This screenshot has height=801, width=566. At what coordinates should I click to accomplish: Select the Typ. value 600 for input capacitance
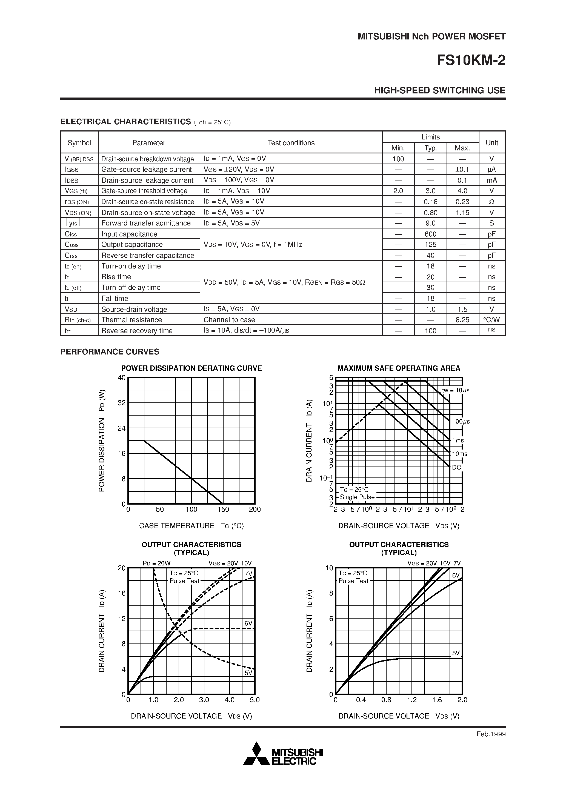[430, 234]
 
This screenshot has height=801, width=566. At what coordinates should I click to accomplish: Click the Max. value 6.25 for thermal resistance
[462, 320]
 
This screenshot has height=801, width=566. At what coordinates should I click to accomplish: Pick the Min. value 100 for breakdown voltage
[398, 159]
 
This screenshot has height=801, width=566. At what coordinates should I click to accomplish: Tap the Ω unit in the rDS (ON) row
[492, 202]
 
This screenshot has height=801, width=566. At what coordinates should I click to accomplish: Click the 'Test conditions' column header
[291, 143]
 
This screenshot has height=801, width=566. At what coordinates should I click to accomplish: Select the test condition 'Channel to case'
[229, 320]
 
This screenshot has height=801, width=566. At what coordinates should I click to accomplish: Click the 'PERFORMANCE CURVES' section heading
[110, 352]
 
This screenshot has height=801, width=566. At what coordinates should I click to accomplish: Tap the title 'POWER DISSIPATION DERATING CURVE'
[191, 368]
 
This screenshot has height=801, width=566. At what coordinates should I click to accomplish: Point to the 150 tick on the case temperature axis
[223, 509]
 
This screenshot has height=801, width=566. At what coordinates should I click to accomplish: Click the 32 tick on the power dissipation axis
[121, 403]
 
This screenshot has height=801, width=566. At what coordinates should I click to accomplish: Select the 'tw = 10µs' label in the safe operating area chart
[455, 390]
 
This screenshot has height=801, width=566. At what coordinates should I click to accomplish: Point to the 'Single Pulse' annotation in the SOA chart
[357, 497]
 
